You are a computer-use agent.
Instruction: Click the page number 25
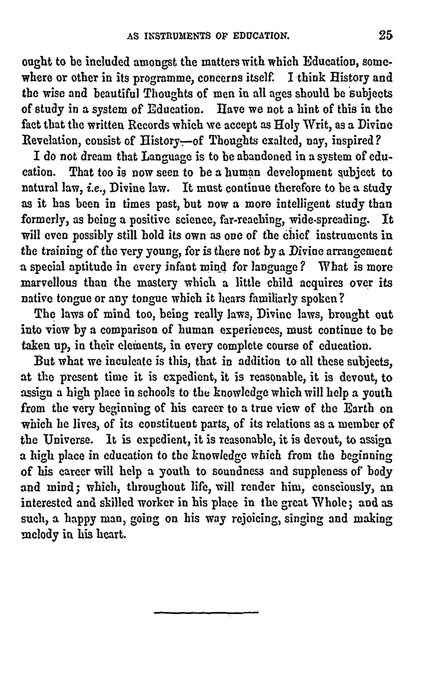(x=385, y=35)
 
